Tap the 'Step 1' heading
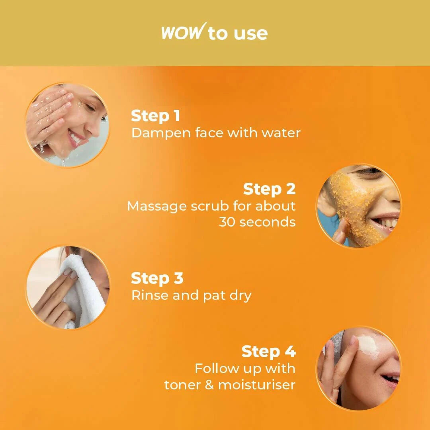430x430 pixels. [x=155, y=116]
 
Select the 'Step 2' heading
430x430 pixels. [x=269, y=189]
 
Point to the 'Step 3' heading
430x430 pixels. [x=157, y=278]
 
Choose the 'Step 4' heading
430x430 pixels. [x=268, y=352]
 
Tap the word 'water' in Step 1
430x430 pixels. [x=281, y=133]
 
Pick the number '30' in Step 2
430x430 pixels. [x=227, y=222]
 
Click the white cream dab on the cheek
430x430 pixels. [x=367, y=345]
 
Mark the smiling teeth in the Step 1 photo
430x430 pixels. [x=75, y=139]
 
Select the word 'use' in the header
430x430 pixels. [x=250, y=33]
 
